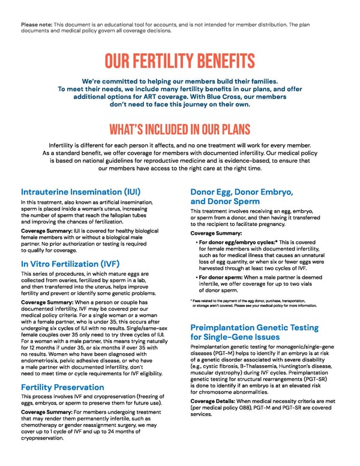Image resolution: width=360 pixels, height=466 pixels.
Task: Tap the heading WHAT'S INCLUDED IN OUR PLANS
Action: pos(179,129)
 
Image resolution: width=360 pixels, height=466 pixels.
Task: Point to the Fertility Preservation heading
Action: pos(62,387)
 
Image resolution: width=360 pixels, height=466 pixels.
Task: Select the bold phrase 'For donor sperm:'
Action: pos(219,277)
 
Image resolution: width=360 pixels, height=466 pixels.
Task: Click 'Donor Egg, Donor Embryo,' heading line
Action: pos(241,192)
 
